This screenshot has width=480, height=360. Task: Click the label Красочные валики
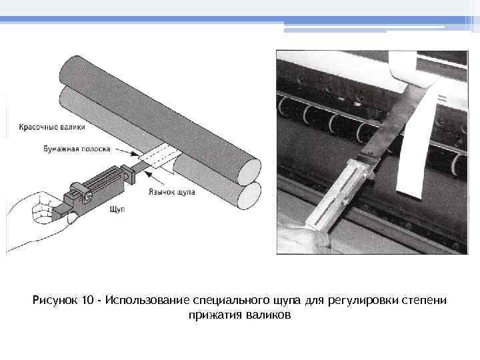tap(52, 127)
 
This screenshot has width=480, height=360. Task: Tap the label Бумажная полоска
tap(77, 149)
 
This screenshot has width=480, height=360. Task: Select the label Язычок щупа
tap(172, 192)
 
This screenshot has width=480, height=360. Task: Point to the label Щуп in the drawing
tap(117, 209)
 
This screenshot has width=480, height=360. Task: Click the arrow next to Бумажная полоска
tap(127, 153)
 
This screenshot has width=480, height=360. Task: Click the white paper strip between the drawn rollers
tap(155, 156)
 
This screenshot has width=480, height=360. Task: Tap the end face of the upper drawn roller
tap(249, 170)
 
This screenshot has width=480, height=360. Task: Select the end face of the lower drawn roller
tap(249, 196)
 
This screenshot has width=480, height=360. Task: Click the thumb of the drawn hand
tap(72, 217)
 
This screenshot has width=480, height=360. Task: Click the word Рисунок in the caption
tap(55, 300)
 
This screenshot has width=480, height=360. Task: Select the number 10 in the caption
tap(87, 300)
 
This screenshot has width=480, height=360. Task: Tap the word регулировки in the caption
tap(363, 300)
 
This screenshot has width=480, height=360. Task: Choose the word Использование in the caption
tap(147, 300)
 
